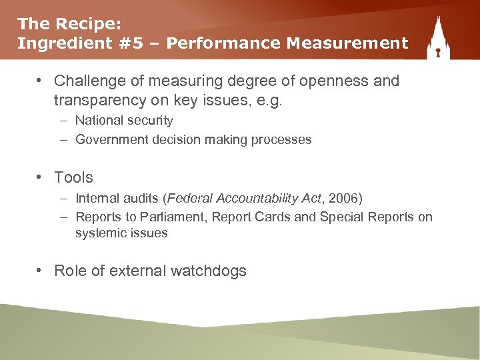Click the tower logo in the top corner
[438, 39]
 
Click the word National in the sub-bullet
[99, 121]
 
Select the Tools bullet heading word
[73, 177]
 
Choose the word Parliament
[161, 217]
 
